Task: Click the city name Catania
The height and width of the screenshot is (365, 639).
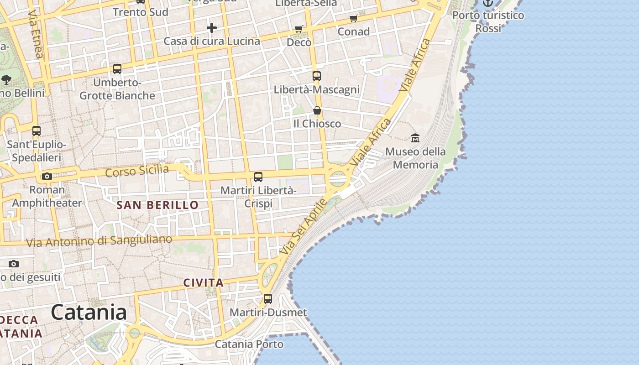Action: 89,313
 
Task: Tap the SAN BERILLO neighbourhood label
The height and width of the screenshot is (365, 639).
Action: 157,205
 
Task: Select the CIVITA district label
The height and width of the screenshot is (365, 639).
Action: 204,283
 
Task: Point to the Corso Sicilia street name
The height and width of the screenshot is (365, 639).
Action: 137,172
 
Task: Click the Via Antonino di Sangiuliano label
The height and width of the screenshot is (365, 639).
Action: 99,240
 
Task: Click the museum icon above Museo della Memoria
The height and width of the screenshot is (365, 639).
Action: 415,137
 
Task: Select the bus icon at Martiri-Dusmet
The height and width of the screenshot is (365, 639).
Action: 268,299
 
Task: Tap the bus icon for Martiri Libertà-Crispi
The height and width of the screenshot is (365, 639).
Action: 258,177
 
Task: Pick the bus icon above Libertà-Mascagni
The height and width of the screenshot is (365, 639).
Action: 317,76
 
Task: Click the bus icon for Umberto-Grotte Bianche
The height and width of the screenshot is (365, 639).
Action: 117,69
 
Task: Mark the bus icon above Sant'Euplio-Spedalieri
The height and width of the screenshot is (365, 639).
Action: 37,131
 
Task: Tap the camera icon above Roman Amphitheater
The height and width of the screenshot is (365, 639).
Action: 47,176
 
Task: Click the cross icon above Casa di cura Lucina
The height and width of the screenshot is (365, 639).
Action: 212,28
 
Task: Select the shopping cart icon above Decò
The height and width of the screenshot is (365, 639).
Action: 299,29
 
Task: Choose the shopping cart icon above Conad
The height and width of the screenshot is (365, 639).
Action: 353,19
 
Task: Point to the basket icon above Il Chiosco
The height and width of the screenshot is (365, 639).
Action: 317,110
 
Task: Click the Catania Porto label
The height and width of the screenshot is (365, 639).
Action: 249,344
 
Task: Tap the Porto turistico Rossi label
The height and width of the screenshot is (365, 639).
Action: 488,21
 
